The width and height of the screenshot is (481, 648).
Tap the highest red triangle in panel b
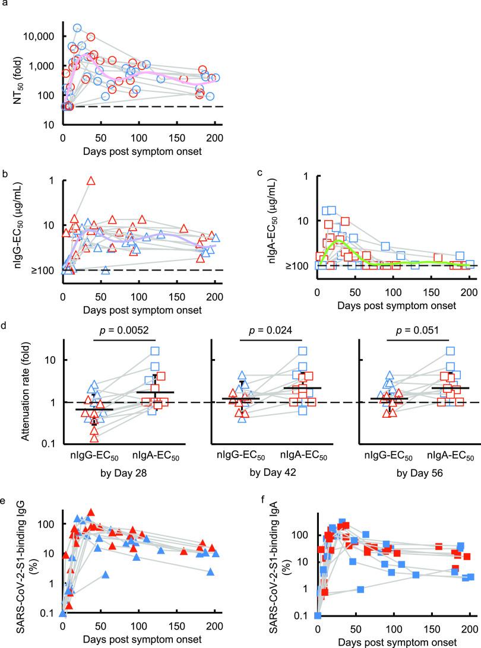[x=91, y=181]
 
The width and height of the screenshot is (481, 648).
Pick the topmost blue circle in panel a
[x=77, y=28]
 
